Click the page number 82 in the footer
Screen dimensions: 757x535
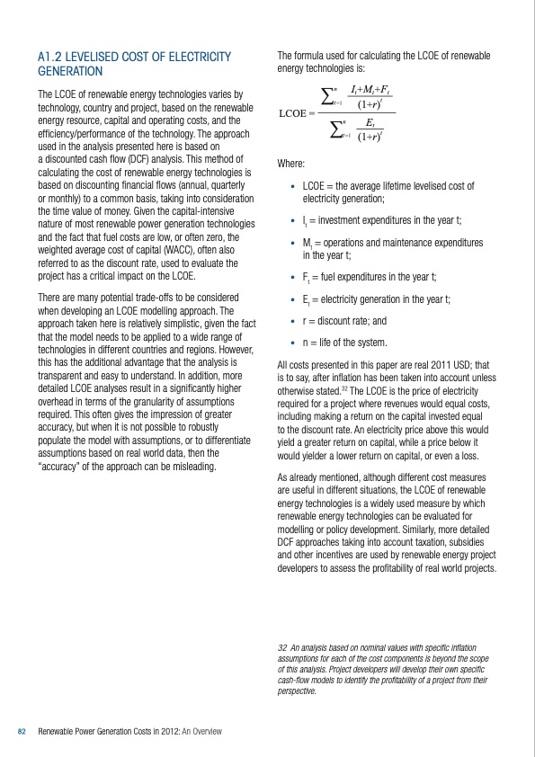[22, 733]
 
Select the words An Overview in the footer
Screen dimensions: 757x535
[202, 733]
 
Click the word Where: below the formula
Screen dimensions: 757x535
[291, 165]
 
